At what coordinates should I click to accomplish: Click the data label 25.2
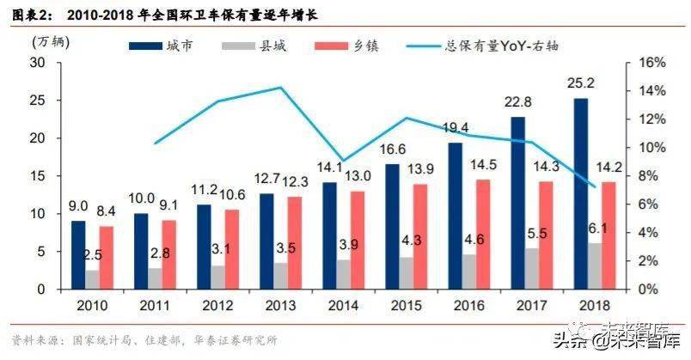pyautogui.click(x=580, y=84)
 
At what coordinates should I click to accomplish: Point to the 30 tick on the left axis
pyautogui.click(x=39, y=63)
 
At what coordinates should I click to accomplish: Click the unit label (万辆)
pyautogui.click(x=48, y=40)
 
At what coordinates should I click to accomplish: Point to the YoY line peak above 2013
pyautogui.click(x=281, y=88)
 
